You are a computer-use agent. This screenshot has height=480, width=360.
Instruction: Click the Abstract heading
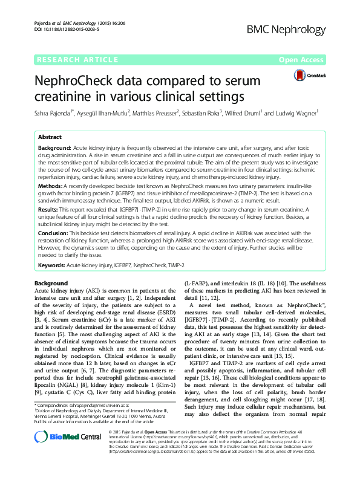pos(50,137)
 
